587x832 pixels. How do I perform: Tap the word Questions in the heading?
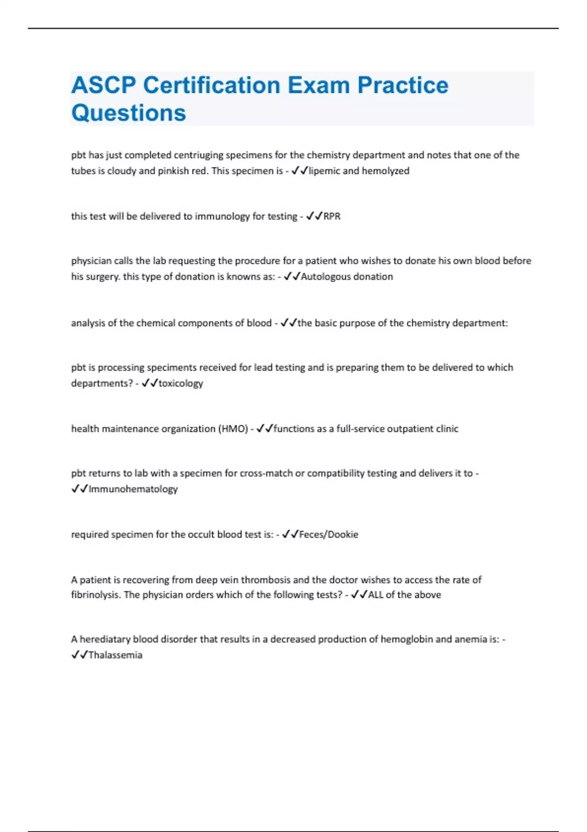coord(129,113)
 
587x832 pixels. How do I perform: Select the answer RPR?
coord(332,216)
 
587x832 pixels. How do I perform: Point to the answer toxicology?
coord(181,383)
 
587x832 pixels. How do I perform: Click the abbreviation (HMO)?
coord(233,429)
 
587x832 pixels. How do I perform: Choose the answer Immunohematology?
coord(133,489)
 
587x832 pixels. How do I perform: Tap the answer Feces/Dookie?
coord(328,534)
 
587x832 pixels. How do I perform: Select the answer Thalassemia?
coord(115,655)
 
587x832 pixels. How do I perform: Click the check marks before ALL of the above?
coord(359,595)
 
